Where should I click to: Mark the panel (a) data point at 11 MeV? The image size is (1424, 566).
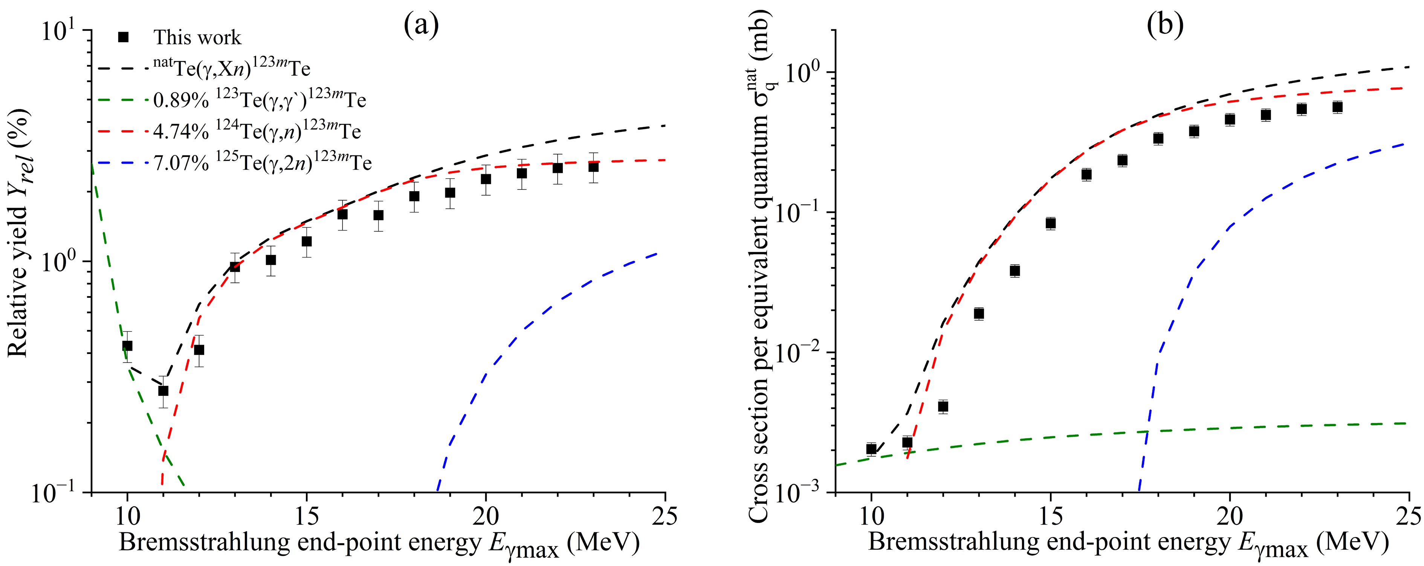point(163,391)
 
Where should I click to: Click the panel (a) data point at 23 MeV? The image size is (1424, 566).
point(593,167)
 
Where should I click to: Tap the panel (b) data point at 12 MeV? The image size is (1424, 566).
point(943,406)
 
